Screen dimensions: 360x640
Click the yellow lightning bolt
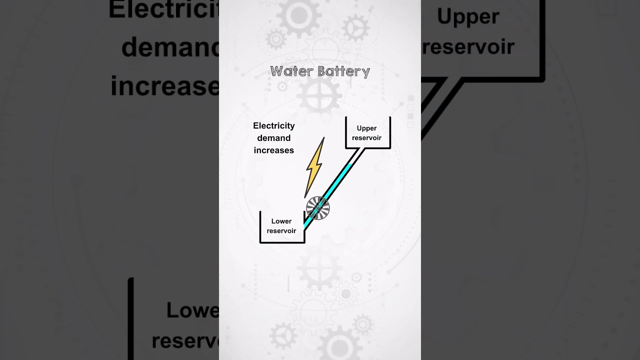[x=314, y=167]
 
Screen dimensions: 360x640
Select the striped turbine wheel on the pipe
[x=317, y=208]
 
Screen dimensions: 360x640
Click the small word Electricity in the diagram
[x=273, y=125]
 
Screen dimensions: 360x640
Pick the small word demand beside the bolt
[x=273, y=138]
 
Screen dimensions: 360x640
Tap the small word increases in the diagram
[x=273, y=150]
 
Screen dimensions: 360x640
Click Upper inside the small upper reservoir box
[x=366, y=128]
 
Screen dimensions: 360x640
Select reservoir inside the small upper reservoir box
[x=366, y=137]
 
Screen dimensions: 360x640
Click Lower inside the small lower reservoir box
[x=281, y=221]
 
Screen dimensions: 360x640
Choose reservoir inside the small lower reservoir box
[x=281, y=230]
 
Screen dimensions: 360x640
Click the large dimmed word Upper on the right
[x=468, y=16]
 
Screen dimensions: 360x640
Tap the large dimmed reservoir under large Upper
[x=468, y=47]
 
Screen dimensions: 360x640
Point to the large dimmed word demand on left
[x=170, y=48]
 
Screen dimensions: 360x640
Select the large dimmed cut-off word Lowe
[x=192, y=310]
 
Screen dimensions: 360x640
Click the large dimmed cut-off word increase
[x=165, y=86]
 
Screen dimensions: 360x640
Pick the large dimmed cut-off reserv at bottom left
[x=185, y=341]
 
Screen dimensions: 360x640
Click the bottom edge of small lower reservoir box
[x=282, y=242]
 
